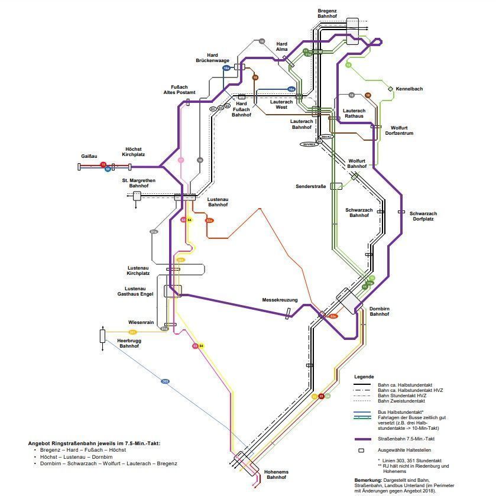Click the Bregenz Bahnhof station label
click(327, 14)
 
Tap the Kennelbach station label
click(409, 89)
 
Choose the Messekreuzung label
click(280, 300)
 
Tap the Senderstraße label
click(311, 186)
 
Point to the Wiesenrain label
click(141, 322)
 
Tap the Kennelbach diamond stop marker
click(390, 89)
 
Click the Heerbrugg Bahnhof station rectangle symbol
click(103, 336)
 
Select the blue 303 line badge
click(166, 381)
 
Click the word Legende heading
click(364, 377)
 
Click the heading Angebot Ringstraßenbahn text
click(94, 443)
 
